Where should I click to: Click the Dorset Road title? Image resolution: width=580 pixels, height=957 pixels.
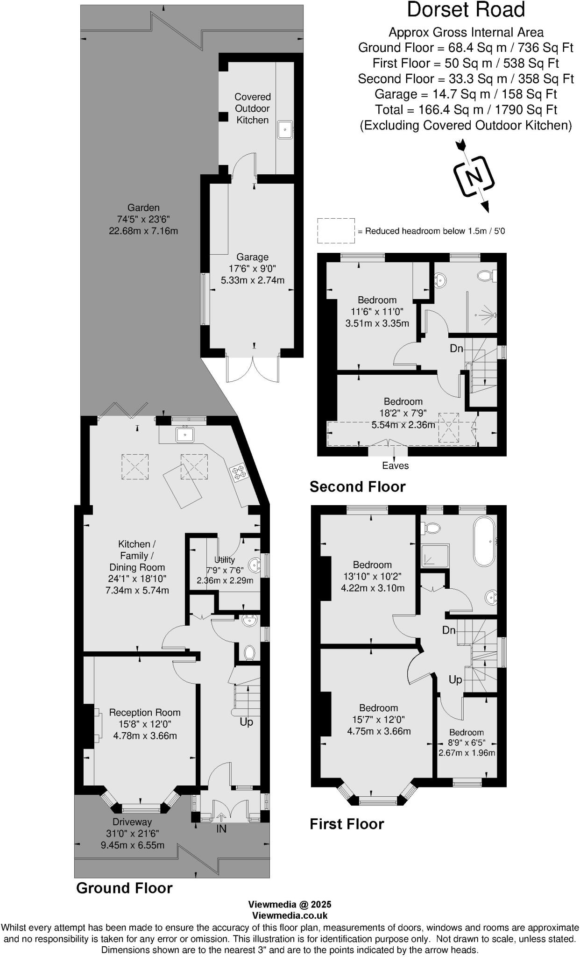point(466,10)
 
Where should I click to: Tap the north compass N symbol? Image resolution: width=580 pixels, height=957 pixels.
point(474,177)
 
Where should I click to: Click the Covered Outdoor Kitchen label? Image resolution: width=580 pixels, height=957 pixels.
point(252,108)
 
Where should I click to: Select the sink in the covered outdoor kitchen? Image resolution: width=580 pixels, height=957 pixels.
point(284,129)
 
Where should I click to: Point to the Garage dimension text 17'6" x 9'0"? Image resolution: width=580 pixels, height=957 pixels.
point(252,269)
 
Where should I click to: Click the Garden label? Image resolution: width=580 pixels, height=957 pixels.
point(144,208)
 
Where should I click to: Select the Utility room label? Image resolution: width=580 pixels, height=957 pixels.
point(224,560)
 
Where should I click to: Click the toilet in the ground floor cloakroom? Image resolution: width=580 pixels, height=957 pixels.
point(250,652)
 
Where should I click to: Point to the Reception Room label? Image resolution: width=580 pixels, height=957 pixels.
point(145,713)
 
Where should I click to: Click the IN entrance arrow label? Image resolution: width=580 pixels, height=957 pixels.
point(221,828)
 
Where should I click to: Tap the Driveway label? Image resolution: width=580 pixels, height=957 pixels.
point(132,822)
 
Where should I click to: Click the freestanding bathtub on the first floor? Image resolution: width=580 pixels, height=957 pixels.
point(486,541)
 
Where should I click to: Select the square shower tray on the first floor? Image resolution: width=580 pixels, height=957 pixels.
point(435,556)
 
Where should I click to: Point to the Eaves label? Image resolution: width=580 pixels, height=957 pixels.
point(395,465)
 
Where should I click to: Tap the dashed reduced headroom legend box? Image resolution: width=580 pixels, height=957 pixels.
point(336,230)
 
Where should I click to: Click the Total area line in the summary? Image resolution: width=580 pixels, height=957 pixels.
point(466,110)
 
